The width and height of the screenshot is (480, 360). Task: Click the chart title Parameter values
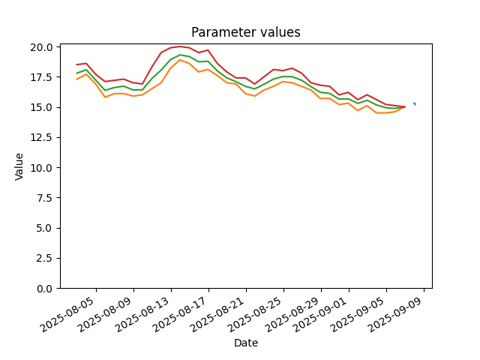(x=246, y=32)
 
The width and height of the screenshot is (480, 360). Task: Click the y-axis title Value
(x=19, y=166)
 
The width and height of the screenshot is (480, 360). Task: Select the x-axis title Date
(x=246, y=343)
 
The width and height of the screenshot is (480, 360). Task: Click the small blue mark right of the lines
(x=415, y=103)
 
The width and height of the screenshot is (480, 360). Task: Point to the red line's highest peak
(x=180, y=46)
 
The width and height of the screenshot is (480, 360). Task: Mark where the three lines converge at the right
(x=405, y=106)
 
